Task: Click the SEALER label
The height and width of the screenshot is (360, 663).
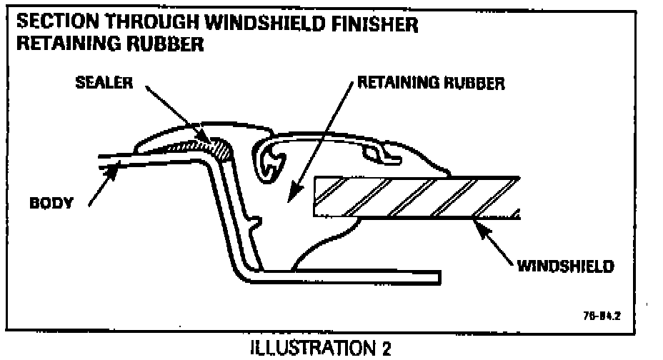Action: (x=104, y=83)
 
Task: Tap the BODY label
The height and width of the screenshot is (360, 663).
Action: (x=51, y=203)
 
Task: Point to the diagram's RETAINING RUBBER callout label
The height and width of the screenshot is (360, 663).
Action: (x=431, y=83)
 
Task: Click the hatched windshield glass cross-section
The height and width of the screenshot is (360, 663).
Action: (x=414, y=196)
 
